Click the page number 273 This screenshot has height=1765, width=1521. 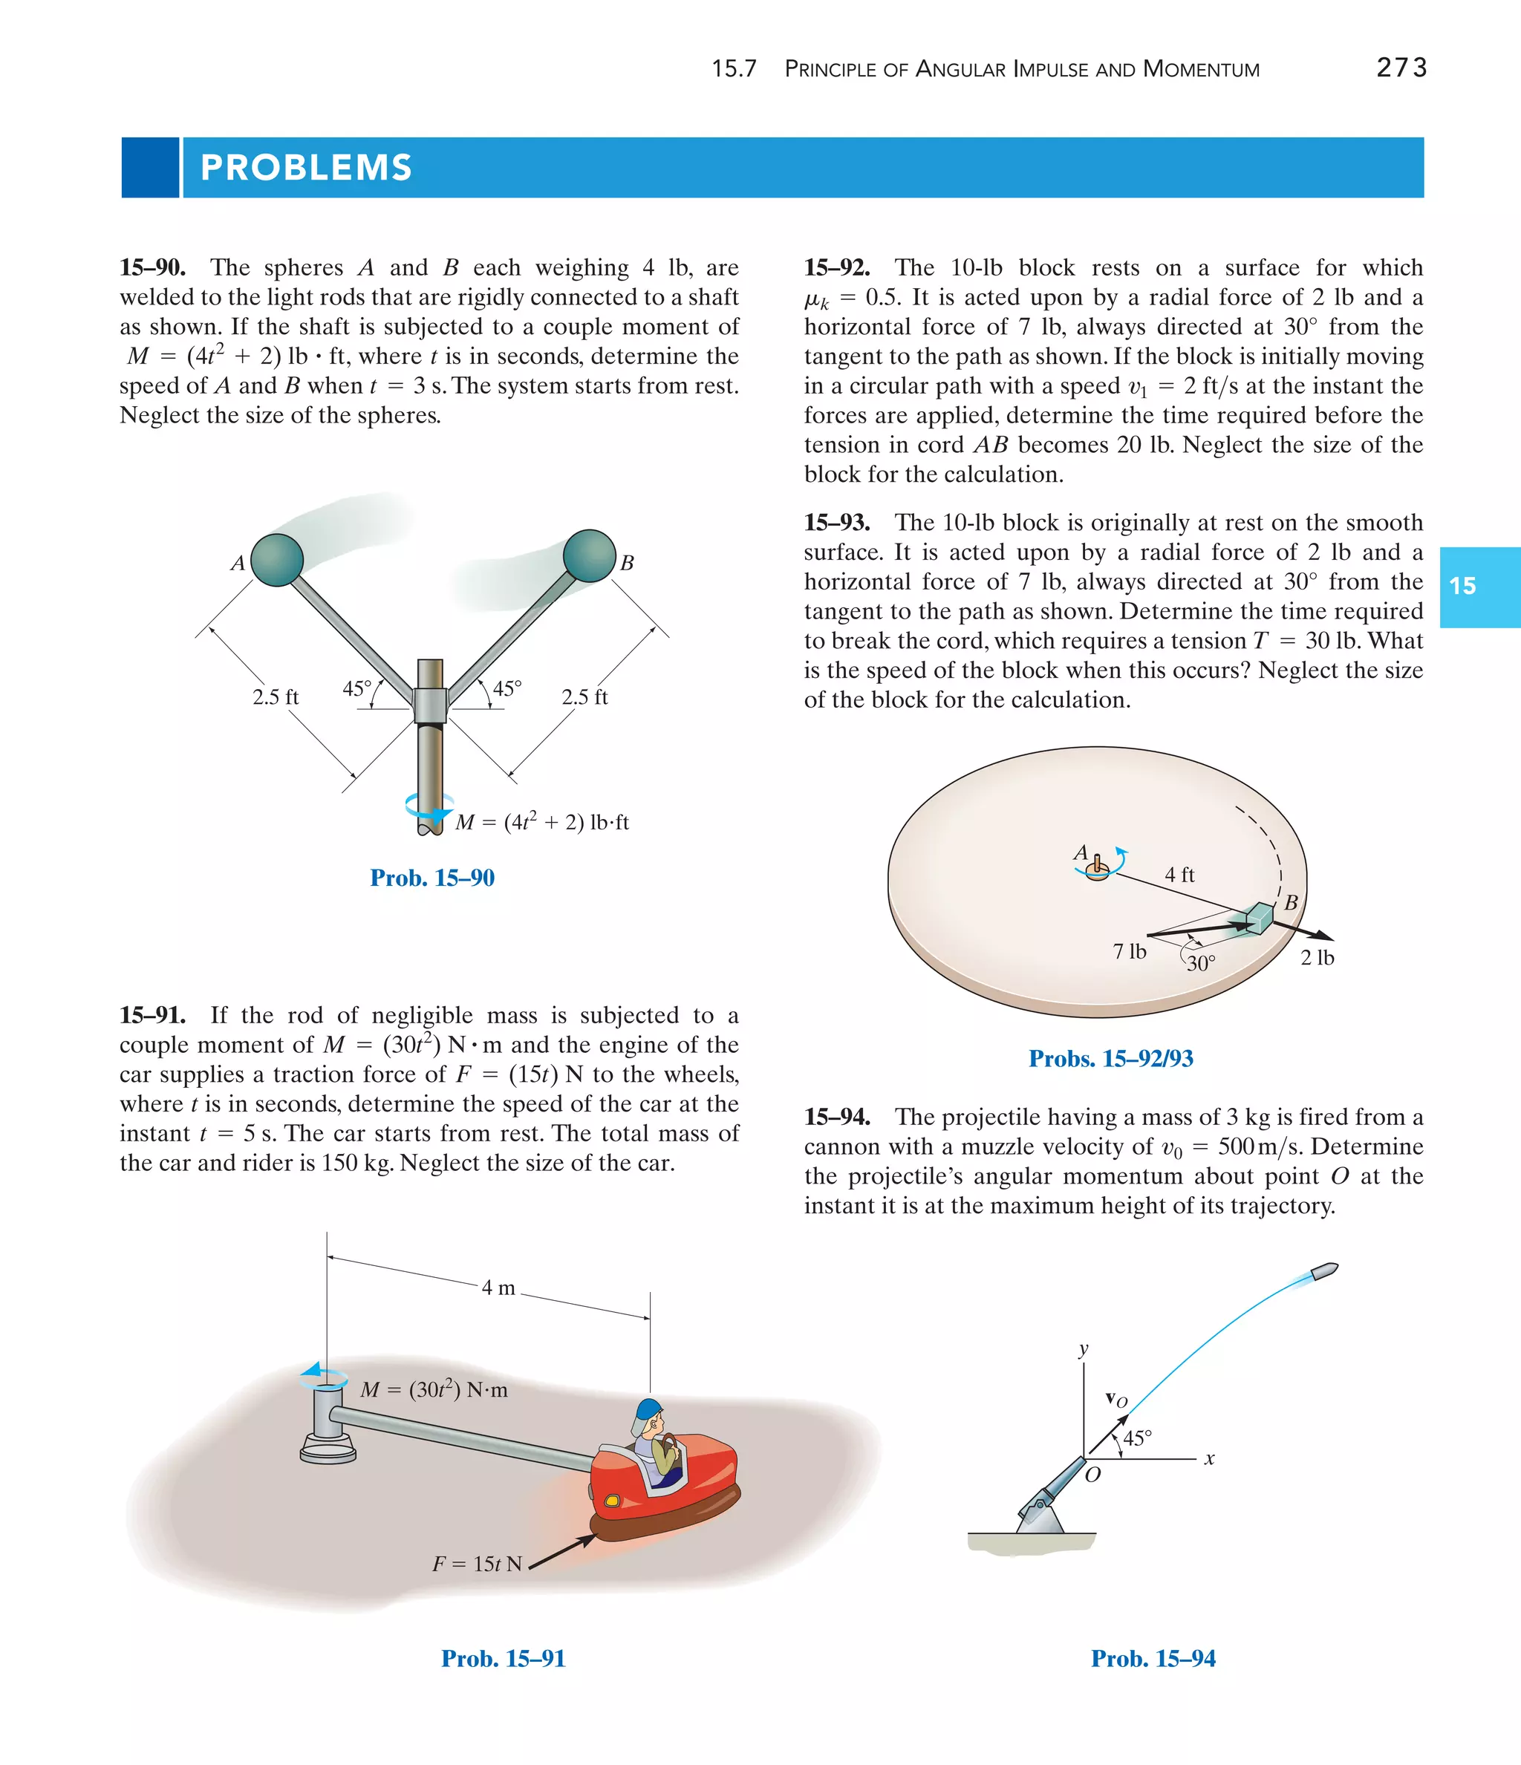1401,68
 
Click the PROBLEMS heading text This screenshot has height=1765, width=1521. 306,167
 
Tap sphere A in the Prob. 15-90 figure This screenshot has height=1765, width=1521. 277,560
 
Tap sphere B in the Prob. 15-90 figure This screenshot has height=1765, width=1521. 589,555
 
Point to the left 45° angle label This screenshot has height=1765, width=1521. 357,688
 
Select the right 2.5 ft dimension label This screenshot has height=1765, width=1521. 584,696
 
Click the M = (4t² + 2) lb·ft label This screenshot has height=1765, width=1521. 543,822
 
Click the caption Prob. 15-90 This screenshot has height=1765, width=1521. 432,878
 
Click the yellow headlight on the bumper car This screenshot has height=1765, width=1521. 612,1500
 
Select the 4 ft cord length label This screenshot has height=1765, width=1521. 1179,874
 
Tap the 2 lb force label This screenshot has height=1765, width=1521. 1317,957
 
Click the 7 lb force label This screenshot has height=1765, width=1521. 1129,951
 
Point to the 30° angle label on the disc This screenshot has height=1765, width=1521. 1202,963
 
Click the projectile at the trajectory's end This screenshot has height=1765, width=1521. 1322,1272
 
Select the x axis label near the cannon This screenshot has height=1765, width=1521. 1209,1460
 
